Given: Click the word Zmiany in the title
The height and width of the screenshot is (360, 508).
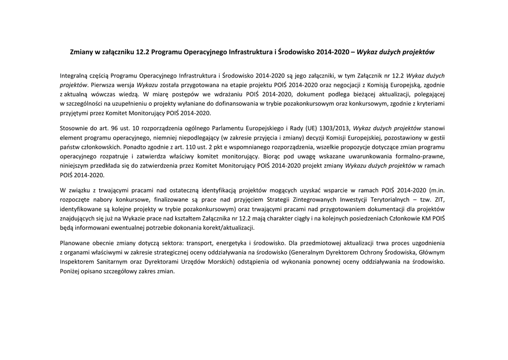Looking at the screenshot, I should [80, 52].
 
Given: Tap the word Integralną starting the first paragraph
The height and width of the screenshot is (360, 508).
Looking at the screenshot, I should [75, 75].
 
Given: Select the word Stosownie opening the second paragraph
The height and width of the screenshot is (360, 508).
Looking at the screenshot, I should [74, 128].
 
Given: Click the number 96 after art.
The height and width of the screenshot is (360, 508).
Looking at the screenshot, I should [119, 128].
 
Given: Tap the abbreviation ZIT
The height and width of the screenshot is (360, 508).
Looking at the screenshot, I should [439, 199].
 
